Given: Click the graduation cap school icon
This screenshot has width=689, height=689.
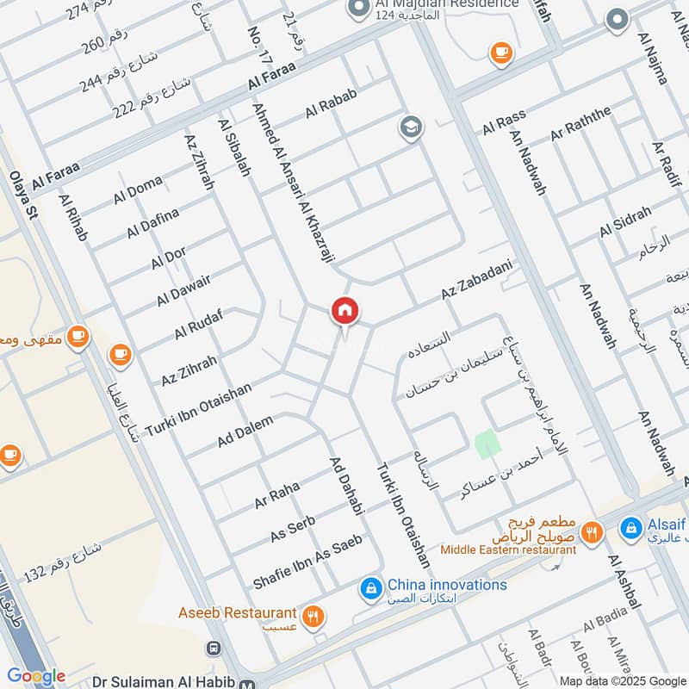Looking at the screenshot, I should pos(411,128).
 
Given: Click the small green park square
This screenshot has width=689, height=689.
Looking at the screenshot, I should pos(487,444).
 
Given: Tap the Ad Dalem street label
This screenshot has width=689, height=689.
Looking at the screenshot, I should pos(245,431).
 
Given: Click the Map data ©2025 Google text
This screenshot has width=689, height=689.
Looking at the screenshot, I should pos(621,680).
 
